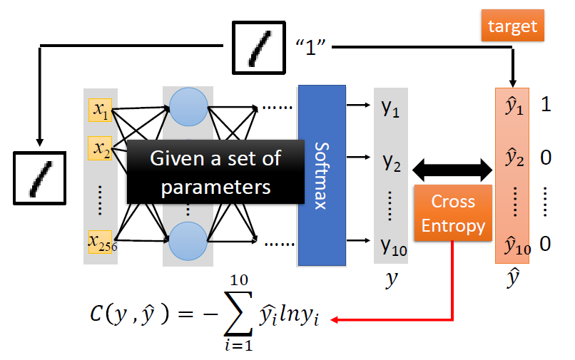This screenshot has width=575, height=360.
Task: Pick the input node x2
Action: [x=99, y=149]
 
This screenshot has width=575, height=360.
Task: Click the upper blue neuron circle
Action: [x=188, y=109]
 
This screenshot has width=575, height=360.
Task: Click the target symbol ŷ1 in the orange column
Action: [x=514, y=108]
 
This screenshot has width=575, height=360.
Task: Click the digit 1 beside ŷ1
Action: [x=546, y=106]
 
